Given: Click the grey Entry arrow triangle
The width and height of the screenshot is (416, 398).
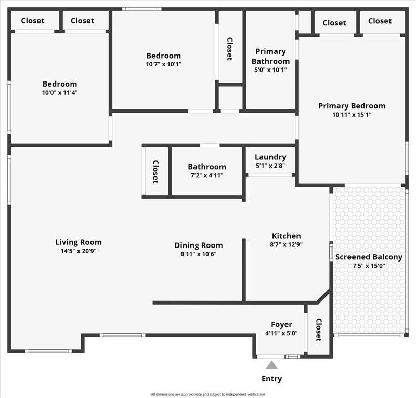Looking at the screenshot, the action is tap(271, 365).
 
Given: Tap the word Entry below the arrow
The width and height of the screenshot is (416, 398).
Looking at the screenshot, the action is tap(271, 379).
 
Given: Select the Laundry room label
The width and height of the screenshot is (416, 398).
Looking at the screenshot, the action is tap(270, 157).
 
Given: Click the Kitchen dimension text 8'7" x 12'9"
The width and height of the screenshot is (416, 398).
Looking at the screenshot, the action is tap(287, 244).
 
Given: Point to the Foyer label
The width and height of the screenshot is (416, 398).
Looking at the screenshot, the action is tap(281, 325).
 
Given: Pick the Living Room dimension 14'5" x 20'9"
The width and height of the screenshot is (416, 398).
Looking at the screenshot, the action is tap(79, 251).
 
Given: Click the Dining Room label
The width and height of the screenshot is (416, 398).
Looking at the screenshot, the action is tap(199, 245).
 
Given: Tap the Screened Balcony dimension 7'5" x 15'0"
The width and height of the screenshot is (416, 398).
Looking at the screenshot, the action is tap(369, 266).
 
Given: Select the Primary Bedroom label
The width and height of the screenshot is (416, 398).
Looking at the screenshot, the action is tap(352, 106).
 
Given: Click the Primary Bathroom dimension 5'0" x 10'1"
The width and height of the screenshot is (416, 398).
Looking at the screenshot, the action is tap(270, 70).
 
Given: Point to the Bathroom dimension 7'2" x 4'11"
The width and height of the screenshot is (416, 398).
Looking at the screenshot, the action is tap(207, 175).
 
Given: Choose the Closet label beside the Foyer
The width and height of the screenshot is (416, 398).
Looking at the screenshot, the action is tap(319, 330).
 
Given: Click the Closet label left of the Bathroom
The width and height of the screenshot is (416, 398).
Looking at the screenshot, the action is tap(155, 172).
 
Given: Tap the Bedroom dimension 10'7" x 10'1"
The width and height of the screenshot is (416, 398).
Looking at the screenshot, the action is tap(164, 64).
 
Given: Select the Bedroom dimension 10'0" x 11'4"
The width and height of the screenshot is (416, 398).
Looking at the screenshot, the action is tap(60, 93).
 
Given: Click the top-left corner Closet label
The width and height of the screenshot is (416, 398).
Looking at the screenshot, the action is tap(33, 21).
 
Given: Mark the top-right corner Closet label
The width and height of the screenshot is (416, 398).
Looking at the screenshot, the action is tap(380, 21).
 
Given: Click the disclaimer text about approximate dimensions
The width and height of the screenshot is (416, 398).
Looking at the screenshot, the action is tap(208, 394).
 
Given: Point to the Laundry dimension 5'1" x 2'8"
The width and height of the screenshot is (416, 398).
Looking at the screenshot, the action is tap(270, 166).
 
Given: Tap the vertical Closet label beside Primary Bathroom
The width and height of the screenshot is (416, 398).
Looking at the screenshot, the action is tap(230, 49).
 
